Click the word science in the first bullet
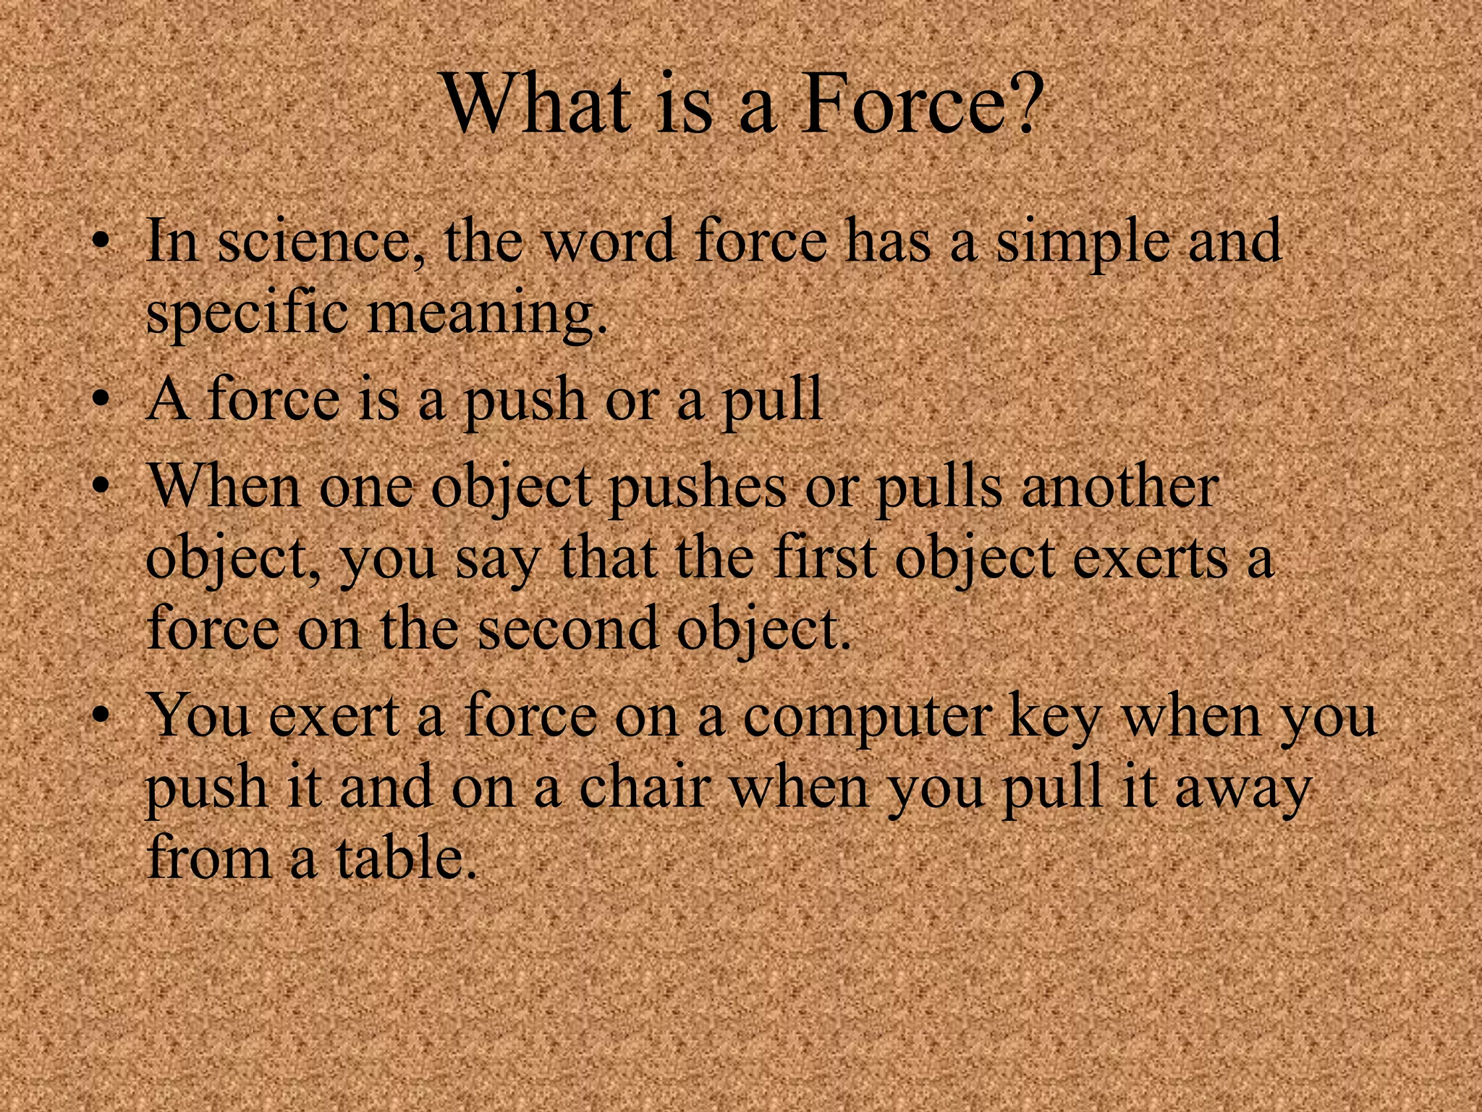coord(312,243)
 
